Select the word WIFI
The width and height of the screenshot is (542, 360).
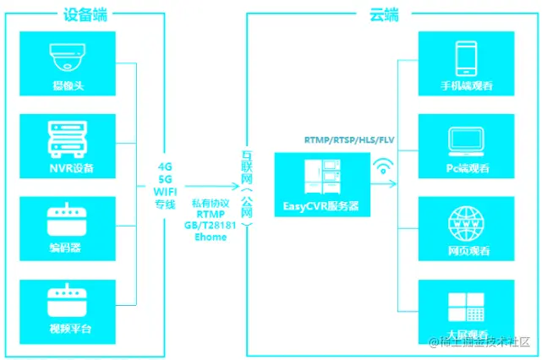point(166,191)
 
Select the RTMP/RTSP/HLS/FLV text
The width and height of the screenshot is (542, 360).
point(349,139)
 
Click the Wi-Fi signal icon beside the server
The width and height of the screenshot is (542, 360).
point(385,166)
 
